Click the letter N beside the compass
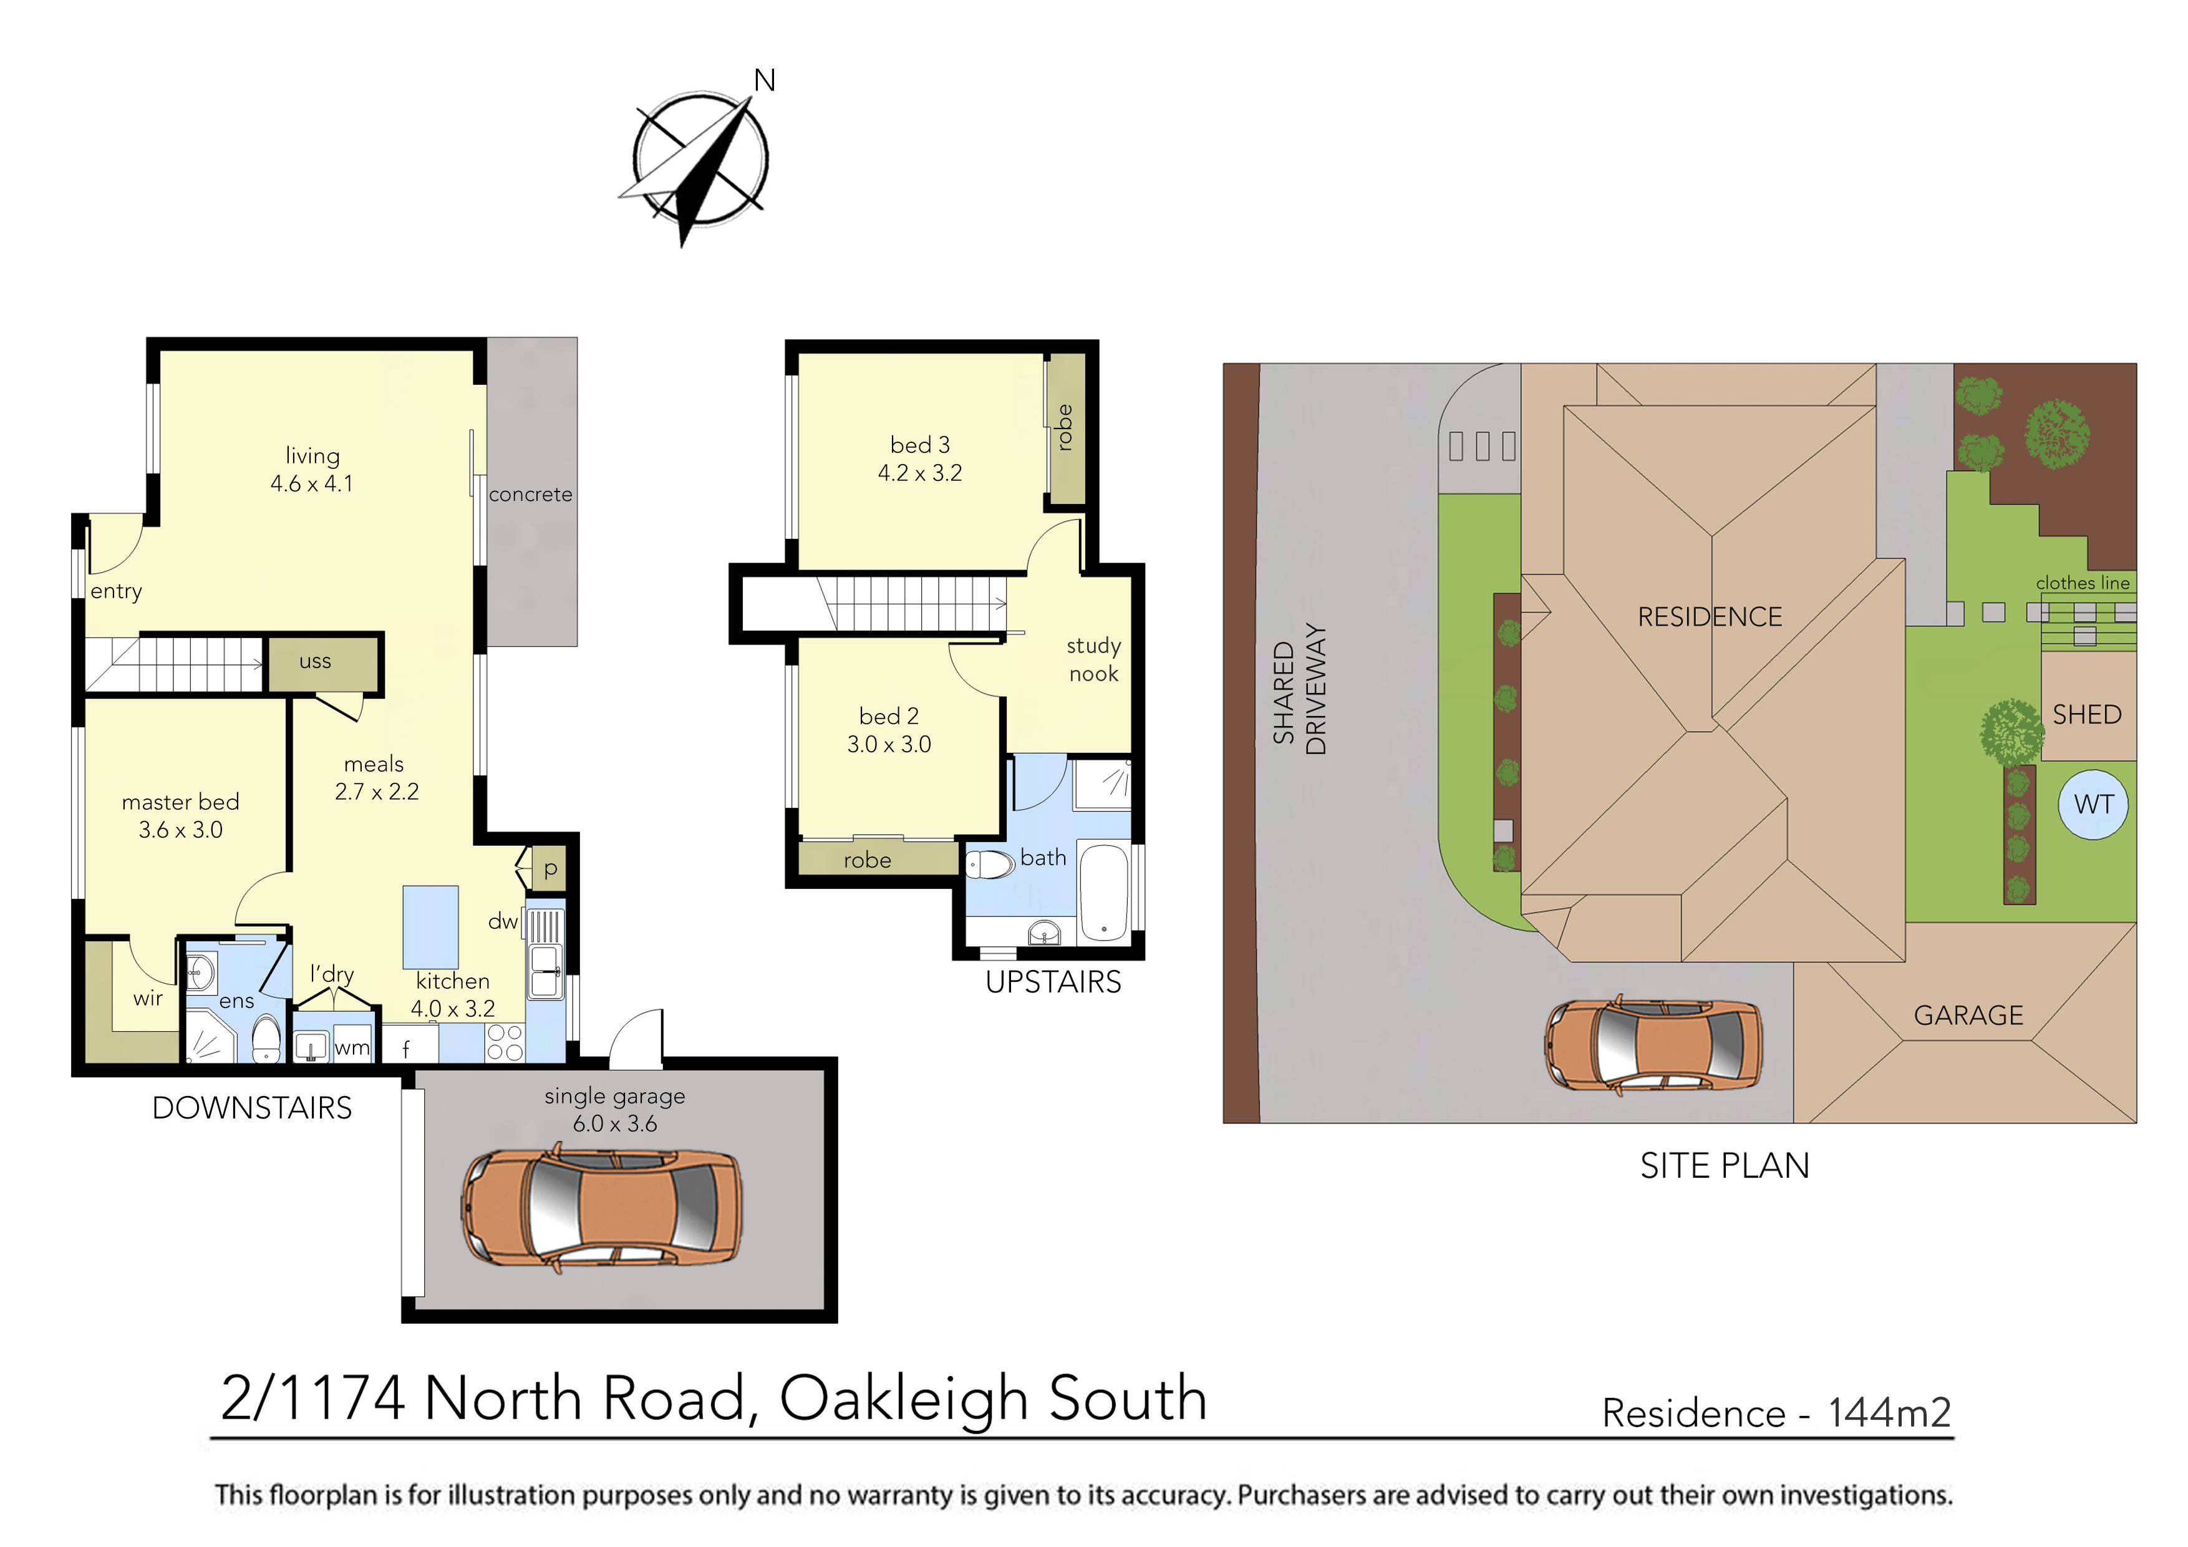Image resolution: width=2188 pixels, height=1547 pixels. click(x=764, y=81)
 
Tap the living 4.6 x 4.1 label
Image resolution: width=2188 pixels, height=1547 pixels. click(x=312, y=470)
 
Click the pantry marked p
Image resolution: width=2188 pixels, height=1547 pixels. click(x=550, y=868)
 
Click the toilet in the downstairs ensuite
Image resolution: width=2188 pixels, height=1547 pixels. click(x=267, y=1039)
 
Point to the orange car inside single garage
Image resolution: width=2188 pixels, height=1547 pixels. click(x=603, y=1211)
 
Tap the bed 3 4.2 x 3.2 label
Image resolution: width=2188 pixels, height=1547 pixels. click(x=919, y=458)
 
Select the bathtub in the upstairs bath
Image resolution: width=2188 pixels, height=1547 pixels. click(x=1103, y=892)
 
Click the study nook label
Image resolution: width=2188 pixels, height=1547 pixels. click(x=1093, y=659)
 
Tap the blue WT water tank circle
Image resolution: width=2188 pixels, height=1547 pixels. click(x=2093, y=805)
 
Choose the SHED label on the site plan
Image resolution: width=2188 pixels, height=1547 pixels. click(x=2086, y=715)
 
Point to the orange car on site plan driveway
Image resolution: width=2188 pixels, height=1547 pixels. click(x=1652, y=1044)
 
